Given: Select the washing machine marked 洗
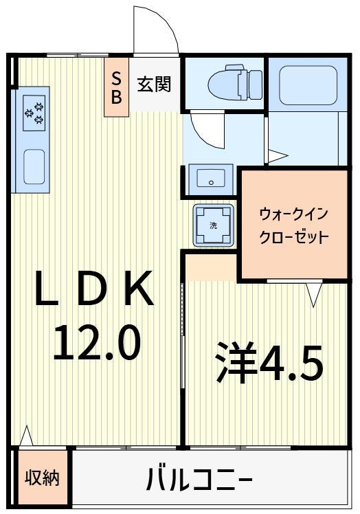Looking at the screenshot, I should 212,225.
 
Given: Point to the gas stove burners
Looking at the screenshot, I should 34,111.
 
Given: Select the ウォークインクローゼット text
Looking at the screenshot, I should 293,226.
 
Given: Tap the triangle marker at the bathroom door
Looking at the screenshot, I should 276,156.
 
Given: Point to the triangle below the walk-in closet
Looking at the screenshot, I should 314,295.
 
